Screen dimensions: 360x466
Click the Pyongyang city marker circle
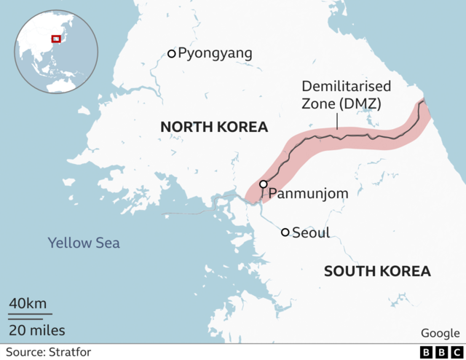coord(172,53)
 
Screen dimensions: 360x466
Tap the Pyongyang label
coord(215,53)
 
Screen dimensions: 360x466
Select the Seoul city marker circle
coord(285,232)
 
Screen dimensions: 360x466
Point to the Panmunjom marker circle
coord(263,184)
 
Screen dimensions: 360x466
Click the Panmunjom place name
coord(308,194)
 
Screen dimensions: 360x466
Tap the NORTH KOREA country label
coord(214,128)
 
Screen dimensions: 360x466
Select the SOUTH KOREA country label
coord(377,272)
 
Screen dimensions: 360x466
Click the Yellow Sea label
coord(84,243)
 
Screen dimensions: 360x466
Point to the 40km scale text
coord(28,303)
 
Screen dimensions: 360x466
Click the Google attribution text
coord(440,333)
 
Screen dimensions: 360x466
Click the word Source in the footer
coord(23,353)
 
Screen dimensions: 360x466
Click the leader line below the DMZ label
coord(337,120)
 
